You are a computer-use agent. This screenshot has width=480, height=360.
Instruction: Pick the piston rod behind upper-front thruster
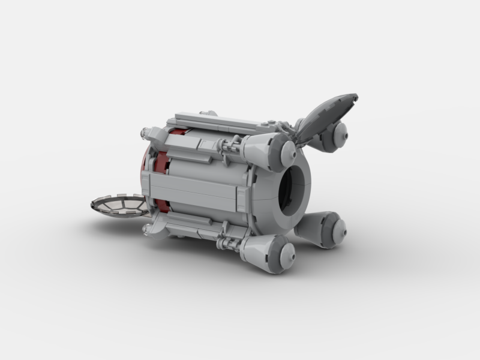point(231,145)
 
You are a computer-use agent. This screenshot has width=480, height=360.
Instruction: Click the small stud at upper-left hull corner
point(145,131)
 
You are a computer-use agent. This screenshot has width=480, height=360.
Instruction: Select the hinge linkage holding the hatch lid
point(294,131)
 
